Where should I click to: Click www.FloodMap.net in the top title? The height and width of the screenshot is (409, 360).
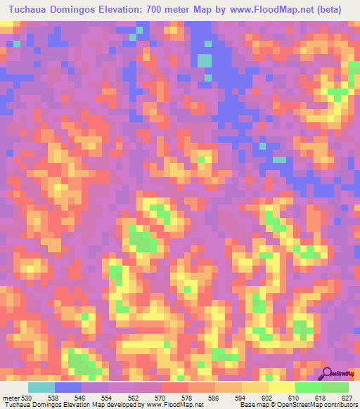284,10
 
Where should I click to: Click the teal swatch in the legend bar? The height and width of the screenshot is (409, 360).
41,387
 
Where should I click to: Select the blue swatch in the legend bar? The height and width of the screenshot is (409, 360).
68,387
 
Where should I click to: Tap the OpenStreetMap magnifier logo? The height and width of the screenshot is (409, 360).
328,372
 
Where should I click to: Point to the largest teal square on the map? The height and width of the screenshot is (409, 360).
205,61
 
